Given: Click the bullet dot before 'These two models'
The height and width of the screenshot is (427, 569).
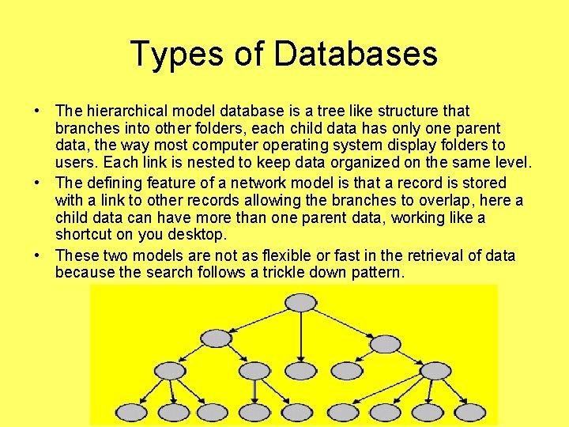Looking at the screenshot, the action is click(x=38, y=255).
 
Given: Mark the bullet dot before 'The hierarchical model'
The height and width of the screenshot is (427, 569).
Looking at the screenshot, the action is click(x=38, y=111).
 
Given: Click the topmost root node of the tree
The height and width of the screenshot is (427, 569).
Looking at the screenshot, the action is click(x=300, y=303).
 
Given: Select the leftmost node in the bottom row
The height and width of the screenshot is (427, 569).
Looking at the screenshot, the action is click(x=130, y=412).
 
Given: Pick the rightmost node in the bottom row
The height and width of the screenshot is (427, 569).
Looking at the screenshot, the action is click(x=469, y=412).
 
